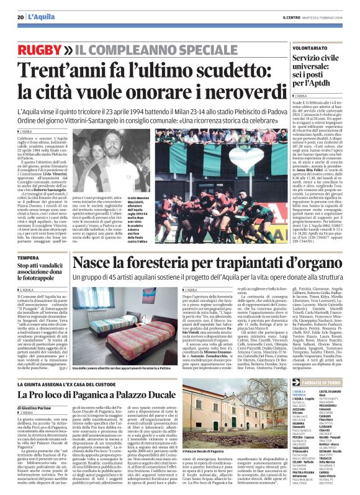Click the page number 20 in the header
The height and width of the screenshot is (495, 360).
tap(20, 17)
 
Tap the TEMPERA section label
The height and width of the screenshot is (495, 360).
tap(29, 257)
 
